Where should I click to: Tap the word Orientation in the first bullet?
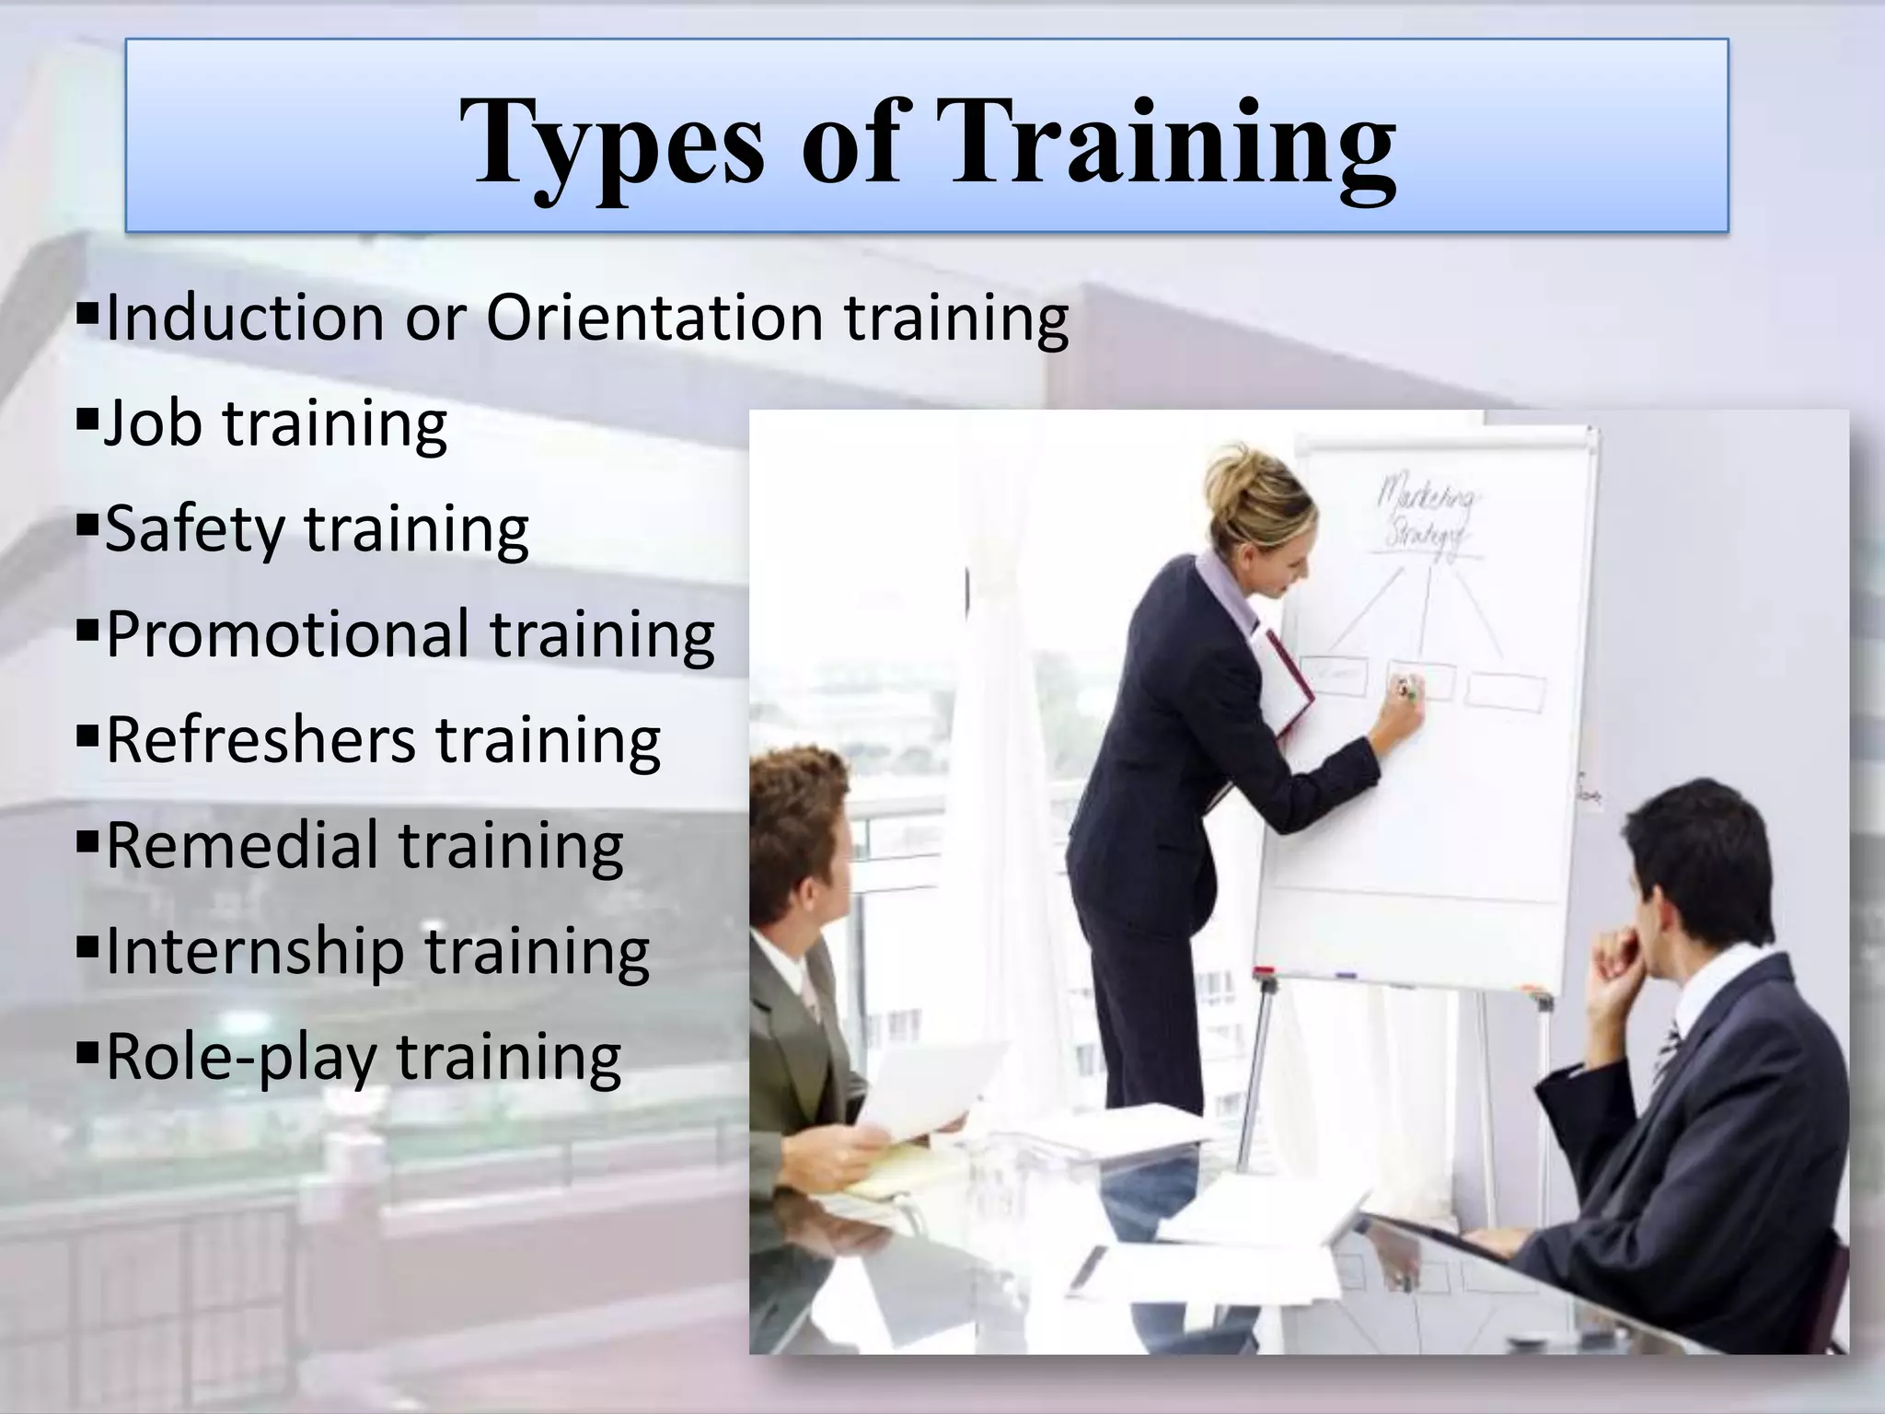653,318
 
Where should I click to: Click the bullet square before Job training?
87,422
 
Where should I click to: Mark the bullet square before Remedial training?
87,842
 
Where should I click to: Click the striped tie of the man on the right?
1667,1049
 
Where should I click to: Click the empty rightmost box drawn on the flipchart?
1506,690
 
